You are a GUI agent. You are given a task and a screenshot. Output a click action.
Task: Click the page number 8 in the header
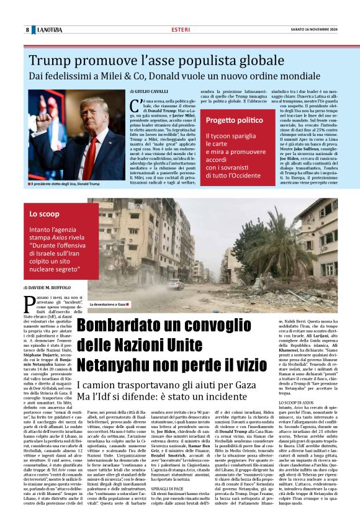tap(28, 30)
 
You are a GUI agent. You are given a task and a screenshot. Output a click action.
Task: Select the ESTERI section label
tap(181, 30)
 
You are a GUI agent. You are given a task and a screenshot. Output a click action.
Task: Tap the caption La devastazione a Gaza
tap(109, 305)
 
